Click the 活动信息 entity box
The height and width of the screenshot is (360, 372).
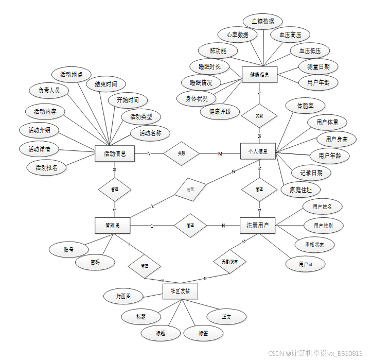[115, 153]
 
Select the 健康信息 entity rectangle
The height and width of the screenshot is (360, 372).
[259, 75]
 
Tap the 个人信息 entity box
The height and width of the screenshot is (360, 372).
[258, 151]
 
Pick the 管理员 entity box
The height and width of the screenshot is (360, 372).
[112, 225]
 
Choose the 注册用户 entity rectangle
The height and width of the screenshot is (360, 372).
[258, 225]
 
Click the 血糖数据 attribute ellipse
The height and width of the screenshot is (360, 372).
[262, 22]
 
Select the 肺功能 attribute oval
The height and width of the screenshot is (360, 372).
[218, 51]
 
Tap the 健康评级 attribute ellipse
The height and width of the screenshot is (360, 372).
[220, 111]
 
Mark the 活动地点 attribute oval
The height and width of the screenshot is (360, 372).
[72, 75]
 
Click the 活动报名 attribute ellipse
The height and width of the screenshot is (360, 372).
[46, 167]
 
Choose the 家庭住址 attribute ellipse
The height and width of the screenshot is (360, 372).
[300, 190]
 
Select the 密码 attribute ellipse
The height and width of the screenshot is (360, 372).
[95, 263]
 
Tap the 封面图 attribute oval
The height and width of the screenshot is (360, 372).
[123, 296]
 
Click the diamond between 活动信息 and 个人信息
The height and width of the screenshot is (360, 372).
[181, 153]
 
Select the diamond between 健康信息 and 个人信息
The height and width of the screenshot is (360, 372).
[259, 116]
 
